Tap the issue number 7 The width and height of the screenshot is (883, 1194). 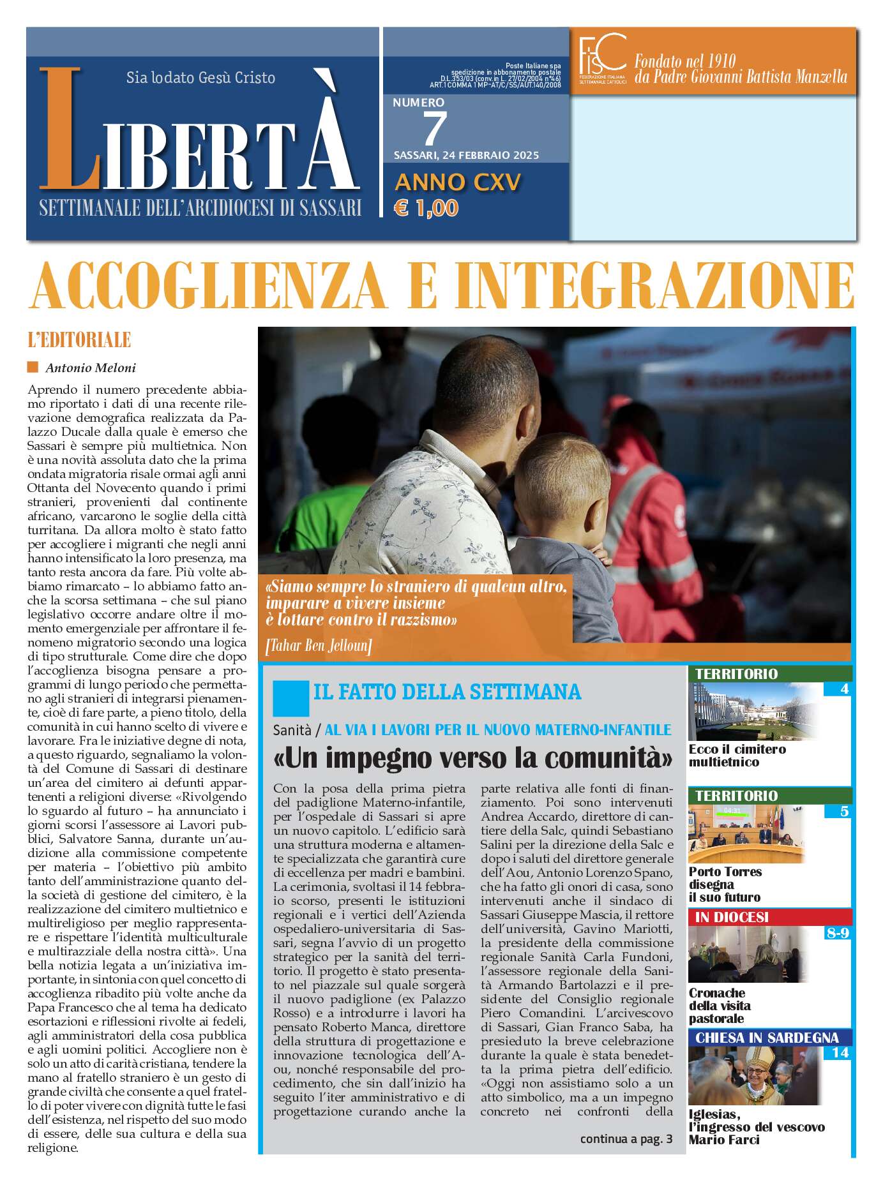434,129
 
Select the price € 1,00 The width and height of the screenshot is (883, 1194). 426,208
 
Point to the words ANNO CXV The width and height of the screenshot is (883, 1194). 458,183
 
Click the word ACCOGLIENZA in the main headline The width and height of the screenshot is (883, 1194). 208,286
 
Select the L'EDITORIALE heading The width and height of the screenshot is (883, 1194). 79,340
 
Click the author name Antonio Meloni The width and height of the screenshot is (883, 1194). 90,368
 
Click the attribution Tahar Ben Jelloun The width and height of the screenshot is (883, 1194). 318,646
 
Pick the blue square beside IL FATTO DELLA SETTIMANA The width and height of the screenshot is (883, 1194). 291,698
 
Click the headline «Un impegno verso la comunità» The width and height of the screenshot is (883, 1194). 472,758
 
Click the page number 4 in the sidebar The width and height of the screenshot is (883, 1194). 844,689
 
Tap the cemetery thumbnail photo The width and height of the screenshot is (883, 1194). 753,712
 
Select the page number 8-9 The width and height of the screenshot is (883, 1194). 837,933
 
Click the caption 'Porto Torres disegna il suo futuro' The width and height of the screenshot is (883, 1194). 725,884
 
